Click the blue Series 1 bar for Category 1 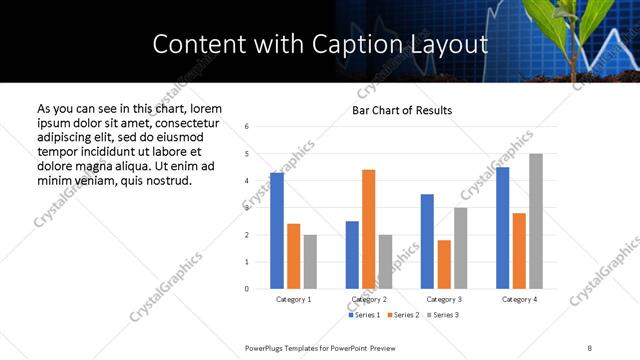277,231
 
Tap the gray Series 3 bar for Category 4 536,221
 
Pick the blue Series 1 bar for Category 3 427,241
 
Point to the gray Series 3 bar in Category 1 310,262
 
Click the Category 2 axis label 369,299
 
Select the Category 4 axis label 519,299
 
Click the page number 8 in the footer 589,347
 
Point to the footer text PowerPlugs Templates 290,347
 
